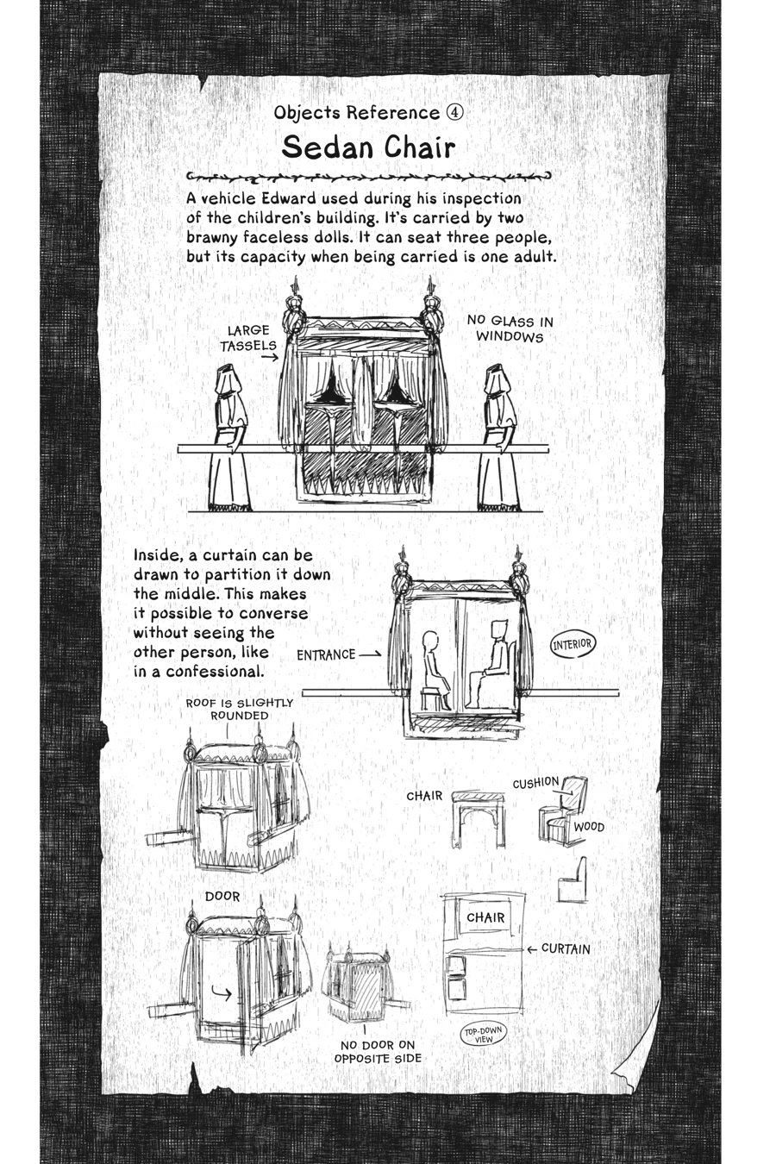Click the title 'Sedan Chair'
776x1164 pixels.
368,148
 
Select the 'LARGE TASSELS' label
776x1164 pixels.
248,338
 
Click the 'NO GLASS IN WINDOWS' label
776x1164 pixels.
510,329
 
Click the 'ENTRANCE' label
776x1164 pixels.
326,654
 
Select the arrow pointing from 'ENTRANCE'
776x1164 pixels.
370,654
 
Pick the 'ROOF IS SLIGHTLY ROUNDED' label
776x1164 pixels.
240,709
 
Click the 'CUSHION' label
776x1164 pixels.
535,783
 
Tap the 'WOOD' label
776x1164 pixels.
589,827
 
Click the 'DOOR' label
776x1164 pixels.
222,897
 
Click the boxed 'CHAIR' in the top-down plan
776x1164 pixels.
485,918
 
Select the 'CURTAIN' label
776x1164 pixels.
566,948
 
